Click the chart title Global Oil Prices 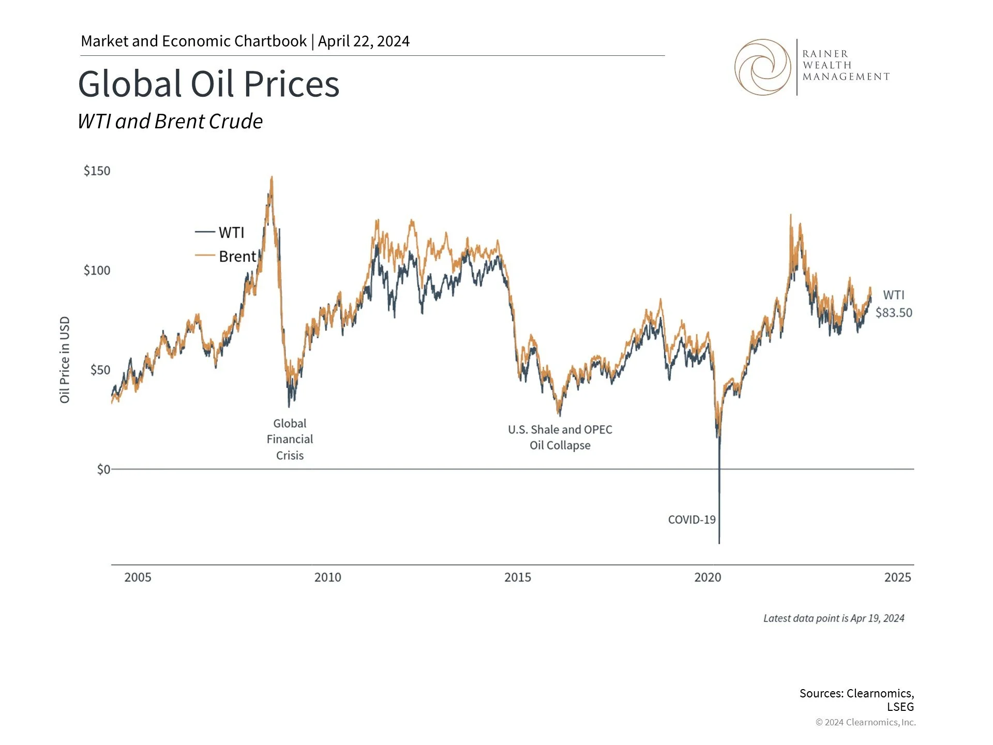[x=208, y=84]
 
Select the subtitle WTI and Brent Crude [x=170, y=122]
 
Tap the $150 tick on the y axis [x=97, y=171]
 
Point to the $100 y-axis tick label [x=97, y=271]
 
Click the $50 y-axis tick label [x=100, y=370]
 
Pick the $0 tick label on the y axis [x=103, y=469]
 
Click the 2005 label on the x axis [x=138, y=577]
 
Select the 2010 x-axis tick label [x=328, y=577]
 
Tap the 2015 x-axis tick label [x=518, y=577]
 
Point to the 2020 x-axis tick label [x=708, y=577]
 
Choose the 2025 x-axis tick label [x=898, y=577]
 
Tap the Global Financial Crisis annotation [x=290, y=439]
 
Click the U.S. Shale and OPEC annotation [x=560, y=437]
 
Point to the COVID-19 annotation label [x=691, y=520]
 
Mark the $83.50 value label [x=894, y=313]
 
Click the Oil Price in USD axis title [x=65, y=360]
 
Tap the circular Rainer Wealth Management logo [x=762, y=67]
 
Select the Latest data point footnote [x=834, y=618]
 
